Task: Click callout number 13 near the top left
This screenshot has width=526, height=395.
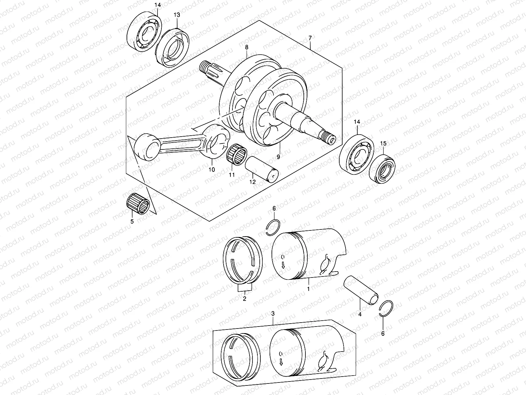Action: click(x=177, y=15)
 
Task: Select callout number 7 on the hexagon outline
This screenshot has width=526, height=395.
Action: click(x=310, y=38)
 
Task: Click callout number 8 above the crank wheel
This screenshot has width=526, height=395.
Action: click(x=247, y=47)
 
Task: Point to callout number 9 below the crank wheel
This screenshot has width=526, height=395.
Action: click(x=278, y=157)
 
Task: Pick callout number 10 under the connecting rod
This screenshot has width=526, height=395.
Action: click(x=211, y=170)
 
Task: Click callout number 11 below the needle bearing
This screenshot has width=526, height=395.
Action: click(x=232, y=175)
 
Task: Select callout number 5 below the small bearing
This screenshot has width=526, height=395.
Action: click(x=132, y=222)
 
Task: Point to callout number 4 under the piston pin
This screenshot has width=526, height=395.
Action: click(x=360, y=314)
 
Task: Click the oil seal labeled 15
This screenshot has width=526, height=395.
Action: click(x=382, y=168)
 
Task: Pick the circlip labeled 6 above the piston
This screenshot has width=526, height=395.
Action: click(x=273, y=227)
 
